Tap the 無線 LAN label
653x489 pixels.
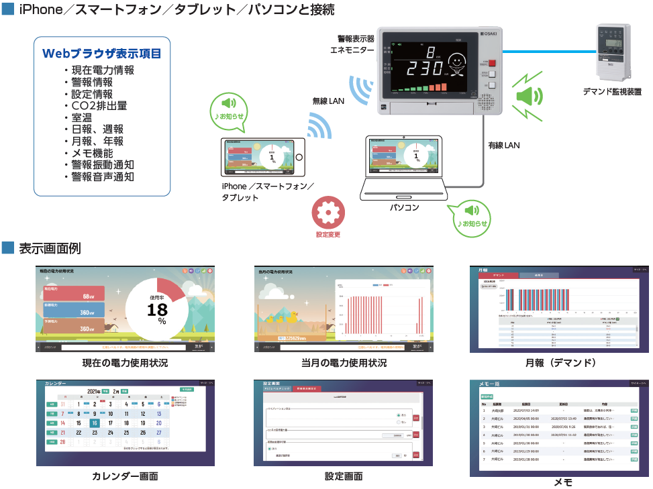click(x=328, y=101)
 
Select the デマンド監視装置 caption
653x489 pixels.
click(x=611, y=92)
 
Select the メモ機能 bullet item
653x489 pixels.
click(x=97, y=153)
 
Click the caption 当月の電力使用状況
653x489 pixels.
click(x=344, y=363)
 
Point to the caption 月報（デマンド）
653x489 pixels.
click(x=561, y=363)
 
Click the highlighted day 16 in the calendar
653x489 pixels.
click(x=95, y=423)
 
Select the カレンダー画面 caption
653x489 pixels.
click(x=125, y=476)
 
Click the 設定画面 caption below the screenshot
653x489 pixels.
click(x=344, y=476)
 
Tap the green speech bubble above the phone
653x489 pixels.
click(x=228, y=108)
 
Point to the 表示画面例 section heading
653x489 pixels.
click(x=50, y=248)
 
